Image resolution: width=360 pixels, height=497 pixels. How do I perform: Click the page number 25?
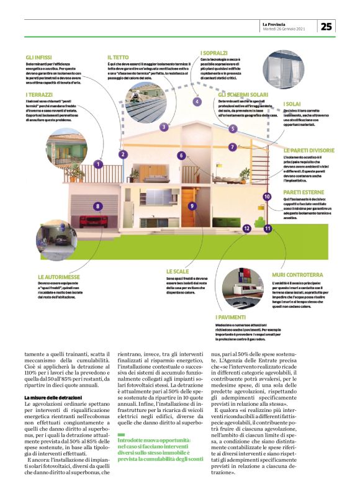[327, 26]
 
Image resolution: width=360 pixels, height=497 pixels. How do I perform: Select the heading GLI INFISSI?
[39, 56]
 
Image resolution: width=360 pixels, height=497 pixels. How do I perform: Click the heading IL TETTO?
[117, 56]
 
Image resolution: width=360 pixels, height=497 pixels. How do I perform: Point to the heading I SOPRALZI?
[214, 53]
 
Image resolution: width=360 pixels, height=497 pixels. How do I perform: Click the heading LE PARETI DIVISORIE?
[309, 150]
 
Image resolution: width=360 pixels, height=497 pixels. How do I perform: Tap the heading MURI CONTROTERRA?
[297, 274]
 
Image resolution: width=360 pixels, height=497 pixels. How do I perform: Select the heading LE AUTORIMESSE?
[60, 276]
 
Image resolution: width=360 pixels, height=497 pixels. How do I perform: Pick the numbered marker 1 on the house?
[98, 164]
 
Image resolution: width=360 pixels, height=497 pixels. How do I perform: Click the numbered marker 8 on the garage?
[97, 205]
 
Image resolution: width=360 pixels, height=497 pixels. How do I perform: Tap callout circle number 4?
[197, 101]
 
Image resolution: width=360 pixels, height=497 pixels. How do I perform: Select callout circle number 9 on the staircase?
[192, 205]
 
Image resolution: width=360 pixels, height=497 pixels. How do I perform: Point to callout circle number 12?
[246, 228]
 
